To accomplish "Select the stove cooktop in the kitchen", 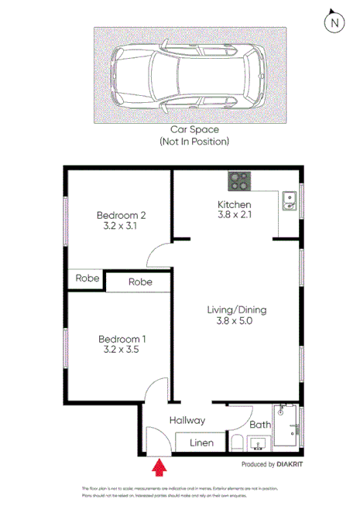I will [x=237, y=181].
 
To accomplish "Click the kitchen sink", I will [x=290, y=201].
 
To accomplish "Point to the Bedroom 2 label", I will [x=122, y=215].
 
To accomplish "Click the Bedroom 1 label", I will [x=122, y=339].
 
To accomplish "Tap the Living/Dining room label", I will [x=237, y=309].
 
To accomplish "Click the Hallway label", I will [x=188, y=420].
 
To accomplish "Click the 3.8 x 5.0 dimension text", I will [x=237, y=321].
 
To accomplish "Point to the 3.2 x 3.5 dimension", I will [x=122, y=350].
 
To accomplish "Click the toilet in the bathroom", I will [x=238, y=442].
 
